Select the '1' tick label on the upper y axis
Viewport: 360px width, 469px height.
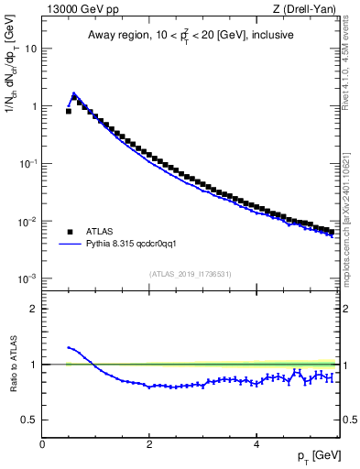click(x=35, y=105)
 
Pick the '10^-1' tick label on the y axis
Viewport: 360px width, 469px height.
click(x=29, y=163)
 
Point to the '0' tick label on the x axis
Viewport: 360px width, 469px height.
click(x=42, y=442)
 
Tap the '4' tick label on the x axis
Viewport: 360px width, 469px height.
click(x=256, y=442)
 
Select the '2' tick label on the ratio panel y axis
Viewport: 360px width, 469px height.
click(x=35, y=309)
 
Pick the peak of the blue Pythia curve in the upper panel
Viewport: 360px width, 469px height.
click(x=73, y=93)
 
